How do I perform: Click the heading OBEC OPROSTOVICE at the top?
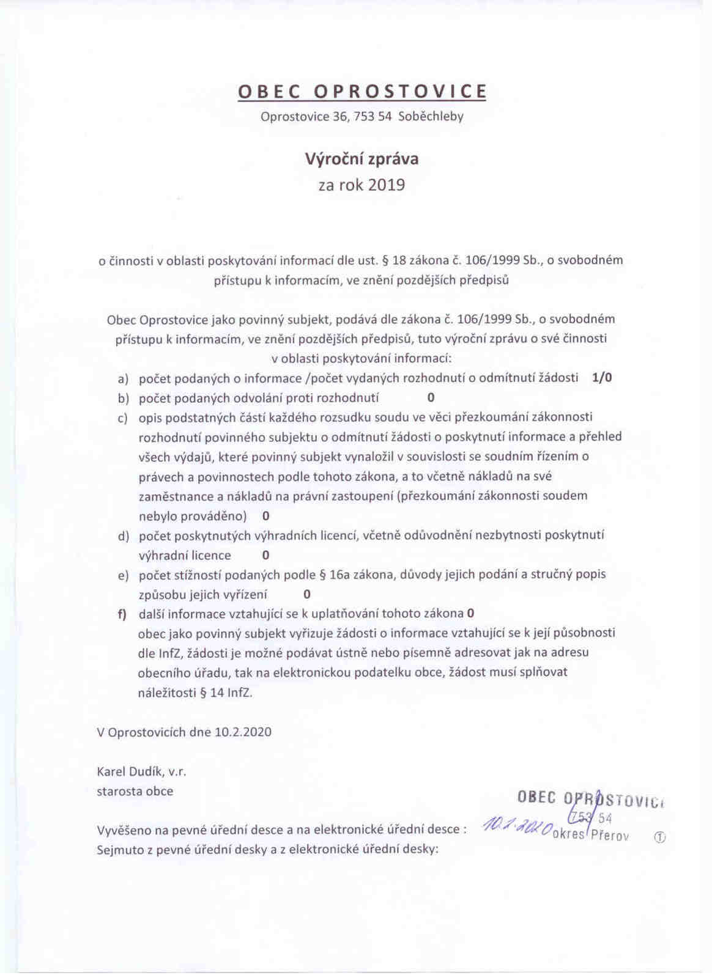(x=362, y=91)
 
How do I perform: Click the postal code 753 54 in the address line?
(x=373, y=116)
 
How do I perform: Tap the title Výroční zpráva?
(x=362, y=160)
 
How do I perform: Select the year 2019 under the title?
(x=387, y=185)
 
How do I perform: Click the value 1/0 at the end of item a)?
(x=602, y=378)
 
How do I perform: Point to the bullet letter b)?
(x=124, y=399)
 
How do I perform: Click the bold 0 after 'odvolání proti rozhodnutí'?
(x=431, y=398)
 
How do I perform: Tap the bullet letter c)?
(x=123, y=418)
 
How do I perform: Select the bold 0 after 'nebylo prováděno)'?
(x=265, y=516)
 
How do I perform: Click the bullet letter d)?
(x=124, y=536)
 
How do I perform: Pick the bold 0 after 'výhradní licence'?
(x=265, y=556)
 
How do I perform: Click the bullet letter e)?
(x=124, y=575)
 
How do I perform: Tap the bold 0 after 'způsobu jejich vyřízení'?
(x=306, y=594)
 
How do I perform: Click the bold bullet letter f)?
(x=122, y=614)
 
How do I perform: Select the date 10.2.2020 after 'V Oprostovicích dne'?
(x=243, y=732)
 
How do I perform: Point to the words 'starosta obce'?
(x=135, y=791)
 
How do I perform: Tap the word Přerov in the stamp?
(x=610, y=835)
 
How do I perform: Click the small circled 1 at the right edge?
(x=659, y=837)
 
